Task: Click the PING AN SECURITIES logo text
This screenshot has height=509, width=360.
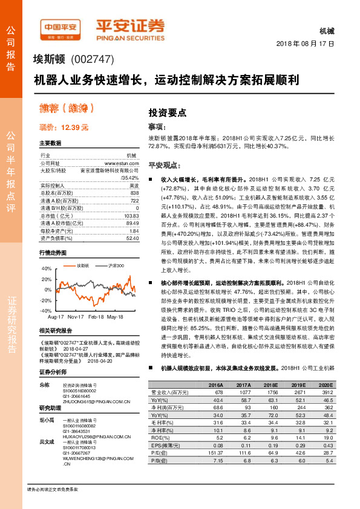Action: (x=129, y=36)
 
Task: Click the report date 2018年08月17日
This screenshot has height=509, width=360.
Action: (x=304, y=44)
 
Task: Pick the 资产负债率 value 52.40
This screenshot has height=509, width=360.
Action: (x=133, y=238)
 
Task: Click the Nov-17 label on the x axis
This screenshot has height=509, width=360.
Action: (x=76, y=316)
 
